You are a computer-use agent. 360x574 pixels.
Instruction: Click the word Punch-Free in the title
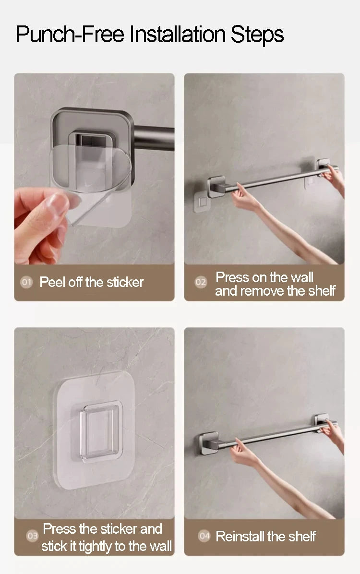(70, 35)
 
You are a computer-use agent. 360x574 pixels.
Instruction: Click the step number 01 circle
(26, 282)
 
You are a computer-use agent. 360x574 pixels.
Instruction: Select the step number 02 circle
(201, 282)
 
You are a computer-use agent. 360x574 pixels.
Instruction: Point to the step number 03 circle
(32, 536)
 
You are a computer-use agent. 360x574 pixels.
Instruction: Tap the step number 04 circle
(204, 536)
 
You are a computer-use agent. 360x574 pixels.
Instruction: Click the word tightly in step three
(95, 547)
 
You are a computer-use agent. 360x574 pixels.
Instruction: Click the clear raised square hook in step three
(101, 432)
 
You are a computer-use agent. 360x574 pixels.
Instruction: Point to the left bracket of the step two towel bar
(216, 187)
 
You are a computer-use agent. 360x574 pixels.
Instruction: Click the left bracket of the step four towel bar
(209, 443)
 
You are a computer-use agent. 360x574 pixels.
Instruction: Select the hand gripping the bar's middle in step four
(243, 452)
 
